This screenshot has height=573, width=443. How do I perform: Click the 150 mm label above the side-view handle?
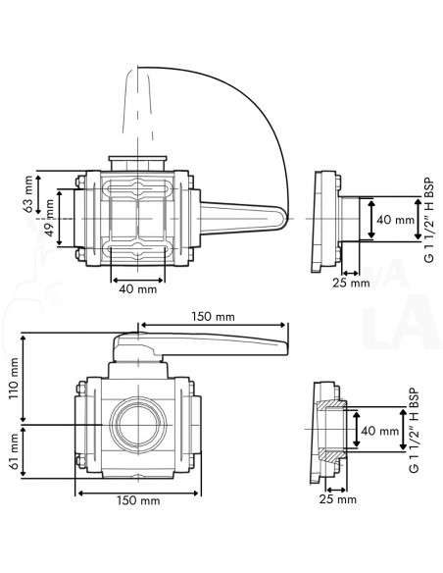tap(212, 316)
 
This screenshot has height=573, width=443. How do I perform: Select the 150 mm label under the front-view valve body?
tap(138, 500)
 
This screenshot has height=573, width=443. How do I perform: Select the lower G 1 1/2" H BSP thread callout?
tap(413, 432)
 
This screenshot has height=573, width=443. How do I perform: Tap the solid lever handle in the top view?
tap(240, 216)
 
